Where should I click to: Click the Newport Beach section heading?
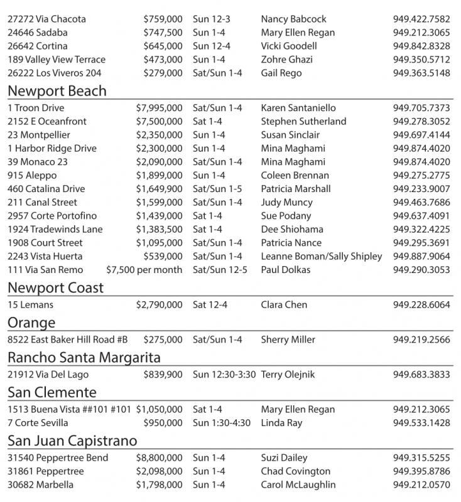(x=57, y=91)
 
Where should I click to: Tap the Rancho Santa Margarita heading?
(x=84, y=358)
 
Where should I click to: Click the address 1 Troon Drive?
(x=36, y=108)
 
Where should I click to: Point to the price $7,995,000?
(x=159, y=108)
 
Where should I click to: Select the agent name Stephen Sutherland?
(x=303, y=121)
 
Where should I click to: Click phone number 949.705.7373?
(x=421, y=108)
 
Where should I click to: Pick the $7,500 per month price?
(x=144, y=270)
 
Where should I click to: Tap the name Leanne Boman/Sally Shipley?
(x=321, y=256)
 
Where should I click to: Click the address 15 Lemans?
(x=31, y=305)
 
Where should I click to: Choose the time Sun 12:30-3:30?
(x=224, y=375)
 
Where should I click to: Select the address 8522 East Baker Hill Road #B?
(x=68, y=340)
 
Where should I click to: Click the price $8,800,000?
(x=159, y=458)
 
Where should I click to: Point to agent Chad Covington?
(x=295, y=471)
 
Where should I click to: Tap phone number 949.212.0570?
(x=421, y=485)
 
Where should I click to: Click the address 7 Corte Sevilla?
(x=38, y=423)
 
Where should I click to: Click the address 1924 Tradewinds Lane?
(x=55, y=229)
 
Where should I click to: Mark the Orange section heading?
(x=31, y=323)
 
